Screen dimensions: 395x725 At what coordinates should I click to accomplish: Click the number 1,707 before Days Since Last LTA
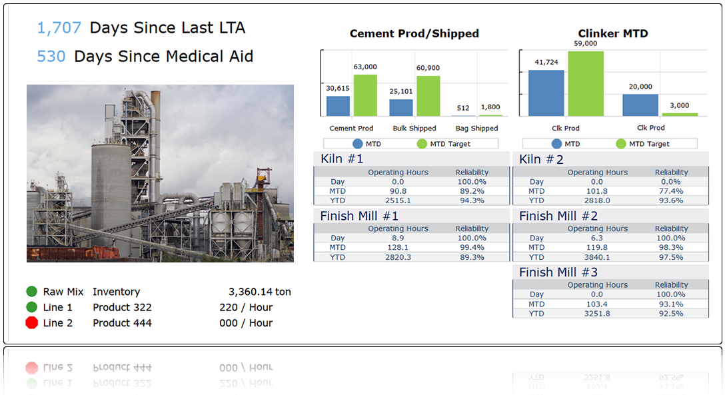click(x=59, y=28)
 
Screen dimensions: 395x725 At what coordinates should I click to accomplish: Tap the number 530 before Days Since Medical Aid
click(x=51, y=57)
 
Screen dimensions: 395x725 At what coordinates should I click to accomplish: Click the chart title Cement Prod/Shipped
click(x=414, y=34)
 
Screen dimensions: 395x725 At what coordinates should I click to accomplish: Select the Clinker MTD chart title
click(x=613, y=34)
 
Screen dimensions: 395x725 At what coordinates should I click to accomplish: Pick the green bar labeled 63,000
click(x=365, y=95)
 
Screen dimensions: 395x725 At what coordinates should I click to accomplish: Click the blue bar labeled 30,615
click(x=338, y=106)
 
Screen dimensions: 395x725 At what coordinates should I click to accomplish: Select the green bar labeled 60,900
click(x=428, y=96)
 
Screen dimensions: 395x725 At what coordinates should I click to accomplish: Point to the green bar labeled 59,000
click(x=586, y=84)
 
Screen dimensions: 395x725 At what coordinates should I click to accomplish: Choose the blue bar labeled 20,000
click(x=640, y=105)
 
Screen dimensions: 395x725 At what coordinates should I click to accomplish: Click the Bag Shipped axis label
click(x=476, y=129)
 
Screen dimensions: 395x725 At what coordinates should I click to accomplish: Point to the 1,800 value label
click(x=490, y=107)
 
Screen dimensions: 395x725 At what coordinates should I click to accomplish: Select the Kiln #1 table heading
click(x=342, y=159)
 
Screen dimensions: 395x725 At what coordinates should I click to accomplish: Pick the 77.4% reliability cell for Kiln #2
click(x=670, y=191)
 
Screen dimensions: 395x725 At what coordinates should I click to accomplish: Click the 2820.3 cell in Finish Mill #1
click(x=398, y=257)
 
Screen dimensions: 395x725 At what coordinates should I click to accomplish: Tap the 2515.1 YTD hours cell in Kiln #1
click(x=398, y=200)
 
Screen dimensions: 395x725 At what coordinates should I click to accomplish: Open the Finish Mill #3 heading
click(x=558, y=272)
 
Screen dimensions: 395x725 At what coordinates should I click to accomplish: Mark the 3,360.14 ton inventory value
click(x=259, y=292)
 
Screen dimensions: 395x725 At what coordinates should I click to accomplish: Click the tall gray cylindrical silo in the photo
click(x=111, y=187)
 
